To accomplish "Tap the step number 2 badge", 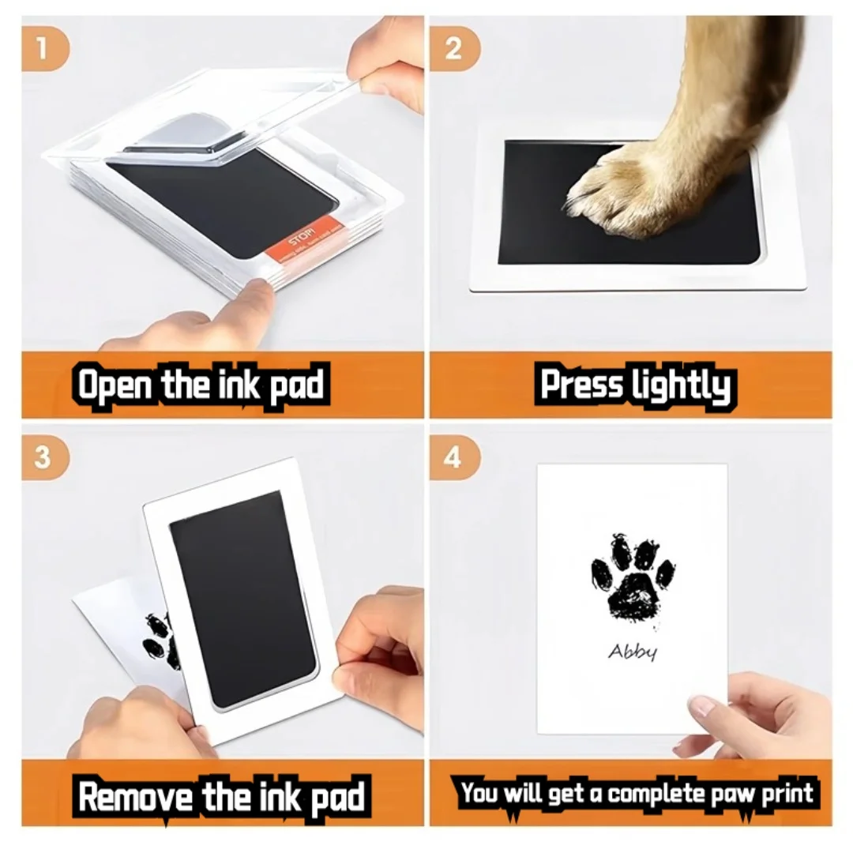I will click(x=453, y=48).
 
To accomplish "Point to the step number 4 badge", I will click(x=453, y=459).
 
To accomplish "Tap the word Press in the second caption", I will click(x=582, y=385).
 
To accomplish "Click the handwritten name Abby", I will click(x=632, y=652).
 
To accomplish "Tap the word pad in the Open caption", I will click(x=296, y=387).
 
